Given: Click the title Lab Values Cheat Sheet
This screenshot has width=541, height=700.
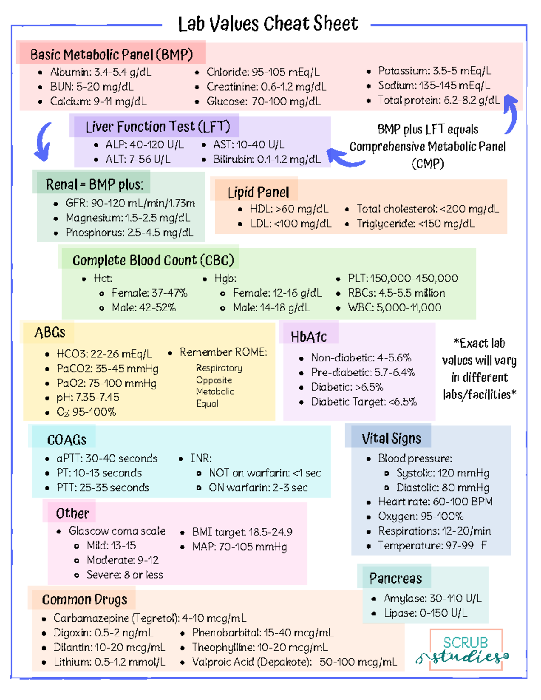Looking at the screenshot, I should pos(268,24).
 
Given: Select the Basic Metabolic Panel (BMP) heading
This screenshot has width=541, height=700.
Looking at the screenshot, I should pos(111,55).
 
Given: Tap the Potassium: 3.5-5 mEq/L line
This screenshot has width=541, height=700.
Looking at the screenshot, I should pos(434,71).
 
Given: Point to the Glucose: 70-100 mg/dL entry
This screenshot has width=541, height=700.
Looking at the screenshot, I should pos(263,101).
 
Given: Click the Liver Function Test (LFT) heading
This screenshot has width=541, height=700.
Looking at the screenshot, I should pos(158,127).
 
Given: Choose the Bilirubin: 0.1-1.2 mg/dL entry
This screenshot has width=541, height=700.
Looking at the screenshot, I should pos(266,159).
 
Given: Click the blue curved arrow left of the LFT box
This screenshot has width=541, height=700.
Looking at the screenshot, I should pos(44,142).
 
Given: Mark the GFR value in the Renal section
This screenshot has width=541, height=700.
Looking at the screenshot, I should pos(130,203).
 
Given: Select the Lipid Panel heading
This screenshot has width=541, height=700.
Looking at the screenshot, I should pos(258,192).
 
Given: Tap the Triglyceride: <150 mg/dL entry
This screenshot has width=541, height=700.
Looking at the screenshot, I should pos(415,224).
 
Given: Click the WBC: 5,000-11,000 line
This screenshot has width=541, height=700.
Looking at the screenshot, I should pos(394,307).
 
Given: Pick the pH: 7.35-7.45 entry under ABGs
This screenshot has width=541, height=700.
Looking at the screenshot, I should pos(87,398).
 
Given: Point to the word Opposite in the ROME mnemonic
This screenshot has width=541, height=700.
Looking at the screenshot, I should pos(214,380).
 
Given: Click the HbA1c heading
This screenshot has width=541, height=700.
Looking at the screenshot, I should pos(309,337).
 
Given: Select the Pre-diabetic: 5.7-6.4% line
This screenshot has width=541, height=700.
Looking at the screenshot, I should pos(362,372).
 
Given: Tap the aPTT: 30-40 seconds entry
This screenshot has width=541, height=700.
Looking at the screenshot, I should pos(107,458).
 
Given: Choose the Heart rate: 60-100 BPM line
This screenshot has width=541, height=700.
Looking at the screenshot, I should pos(435,502).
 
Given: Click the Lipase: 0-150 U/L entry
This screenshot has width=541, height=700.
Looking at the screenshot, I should pos(425,613).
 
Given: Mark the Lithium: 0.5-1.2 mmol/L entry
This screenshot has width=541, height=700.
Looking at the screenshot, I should pos(110,662).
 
